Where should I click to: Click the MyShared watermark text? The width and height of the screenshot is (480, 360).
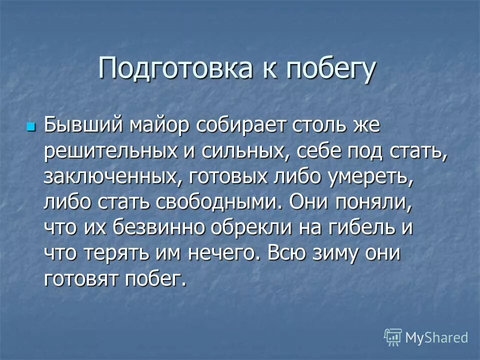[x=436, y=337]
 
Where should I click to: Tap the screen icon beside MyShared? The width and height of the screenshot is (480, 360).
[x=393, y=337]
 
